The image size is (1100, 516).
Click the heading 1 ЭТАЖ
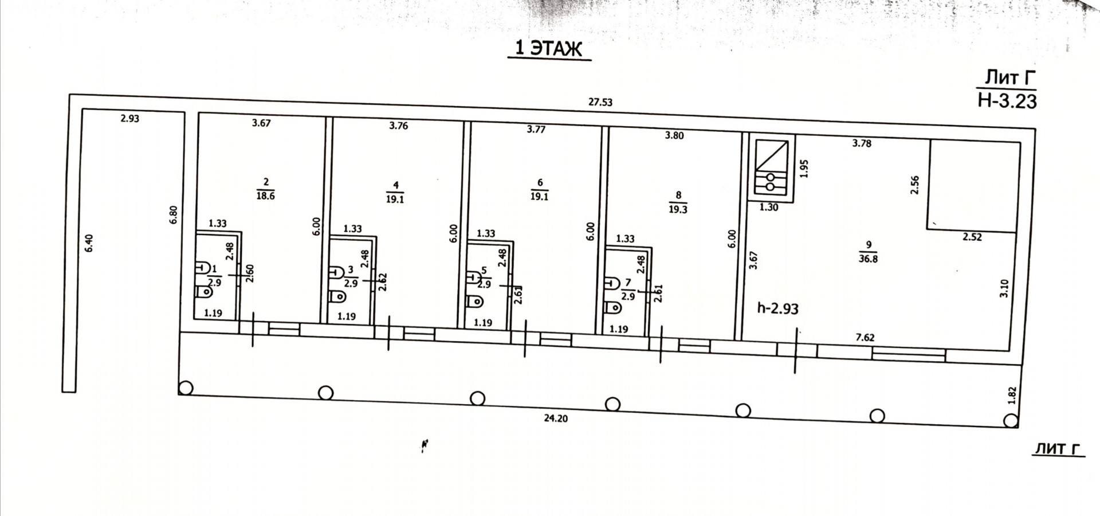coord(549,49)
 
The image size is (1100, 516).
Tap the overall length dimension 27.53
coord(600,103)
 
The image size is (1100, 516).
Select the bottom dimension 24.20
coord(556,419)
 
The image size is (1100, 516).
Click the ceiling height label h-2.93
coord(777,308)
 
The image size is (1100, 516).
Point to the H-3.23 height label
coord(1007,101)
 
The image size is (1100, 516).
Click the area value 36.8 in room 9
coord(869,259)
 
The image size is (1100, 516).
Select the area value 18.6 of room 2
coord(266,196)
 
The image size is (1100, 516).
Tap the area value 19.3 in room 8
coord(678,210)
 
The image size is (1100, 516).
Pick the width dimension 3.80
coord(674,136)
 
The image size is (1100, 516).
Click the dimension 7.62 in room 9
coord(865,338)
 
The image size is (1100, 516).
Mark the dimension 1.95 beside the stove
coord(804,168)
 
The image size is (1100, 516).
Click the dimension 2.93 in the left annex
coord(129,119)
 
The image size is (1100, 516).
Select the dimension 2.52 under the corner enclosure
coord(972,237)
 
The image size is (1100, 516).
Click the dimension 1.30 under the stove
coord(769,208)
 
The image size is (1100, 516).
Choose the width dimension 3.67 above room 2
coord(261,123)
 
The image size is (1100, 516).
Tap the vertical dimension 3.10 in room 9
coord(1004,288)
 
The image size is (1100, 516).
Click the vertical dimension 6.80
coord(174,214)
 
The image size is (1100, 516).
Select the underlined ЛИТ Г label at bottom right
coord(1058,449)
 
